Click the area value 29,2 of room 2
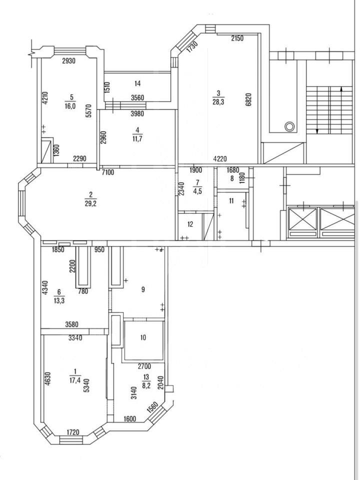(90, 203)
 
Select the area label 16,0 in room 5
(70, 106)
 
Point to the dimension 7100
(108, 172)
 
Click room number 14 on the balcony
(137, 83)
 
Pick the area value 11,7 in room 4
(137, 138)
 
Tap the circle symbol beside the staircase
(289, 126)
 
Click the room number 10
(143, 337)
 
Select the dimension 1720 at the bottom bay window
(73, 432)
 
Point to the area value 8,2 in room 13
(146, 385)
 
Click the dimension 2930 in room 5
(68, 61)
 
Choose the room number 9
(143, 289)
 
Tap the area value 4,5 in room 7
(198, 192)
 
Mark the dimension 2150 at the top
(237, 38)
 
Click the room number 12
(190, 224)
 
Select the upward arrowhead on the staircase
(342, 89)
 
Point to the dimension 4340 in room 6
(45, 288)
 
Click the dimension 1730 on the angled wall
(192, 47)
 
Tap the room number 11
(231, 201)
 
